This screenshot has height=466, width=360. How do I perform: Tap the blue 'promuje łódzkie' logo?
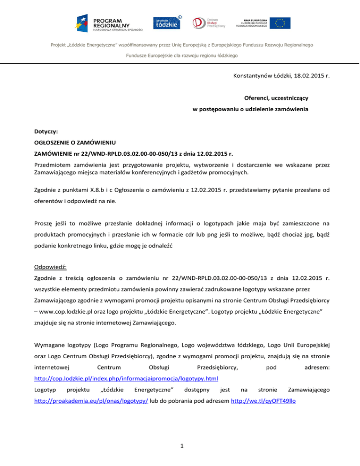(167, 23)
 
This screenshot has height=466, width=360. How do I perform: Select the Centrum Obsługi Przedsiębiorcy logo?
(209, 23)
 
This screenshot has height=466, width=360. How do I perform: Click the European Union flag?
(282, 23)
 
